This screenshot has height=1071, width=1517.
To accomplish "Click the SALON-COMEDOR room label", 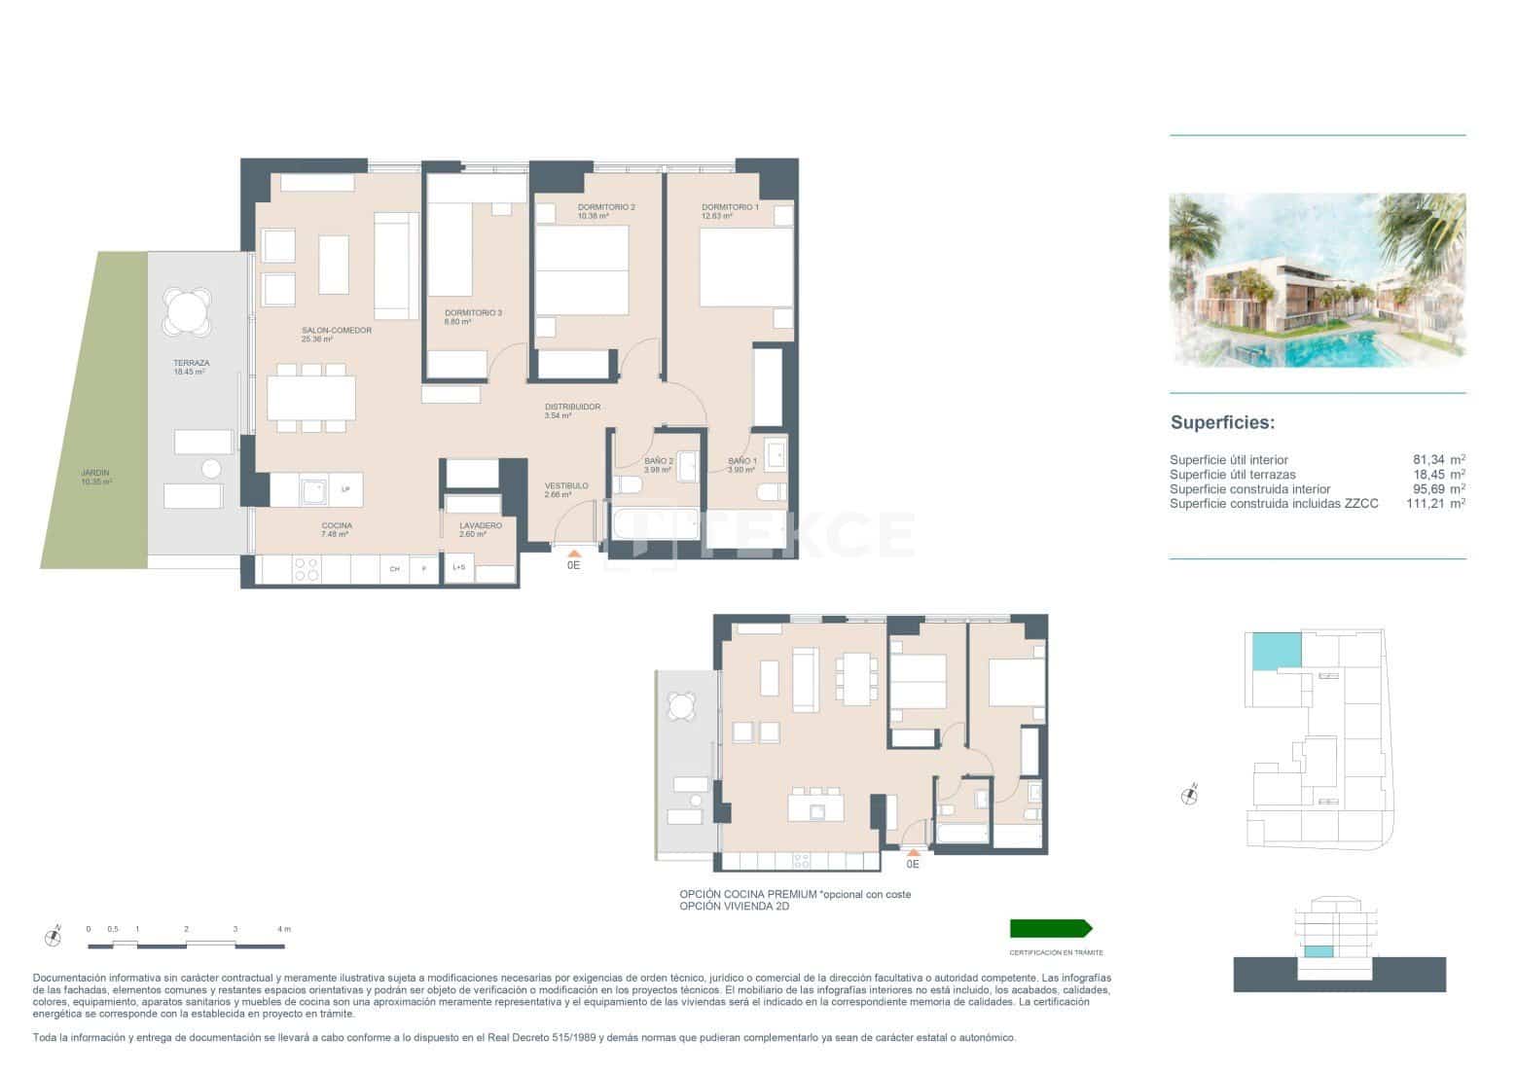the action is (337, 331).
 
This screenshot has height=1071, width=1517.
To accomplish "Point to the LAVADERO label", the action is (481, 525).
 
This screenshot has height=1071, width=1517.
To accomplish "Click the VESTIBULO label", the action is (566, 485).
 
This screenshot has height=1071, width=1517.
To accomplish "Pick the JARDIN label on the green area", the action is (95, 474).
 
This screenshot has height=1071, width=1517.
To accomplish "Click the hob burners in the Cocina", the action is (307, 569).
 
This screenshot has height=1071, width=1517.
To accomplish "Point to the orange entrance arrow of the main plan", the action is (572, 553).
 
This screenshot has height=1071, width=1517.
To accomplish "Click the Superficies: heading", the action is (1221, 423).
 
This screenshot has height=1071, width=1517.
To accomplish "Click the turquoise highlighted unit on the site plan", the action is (1275, 651).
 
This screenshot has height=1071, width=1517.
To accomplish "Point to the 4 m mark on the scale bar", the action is (283, 930).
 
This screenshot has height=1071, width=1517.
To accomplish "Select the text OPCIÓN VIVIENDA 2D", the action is (734, 907).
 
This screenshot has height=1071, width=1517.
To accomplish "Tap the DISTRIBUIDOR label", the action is (572, 407).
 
